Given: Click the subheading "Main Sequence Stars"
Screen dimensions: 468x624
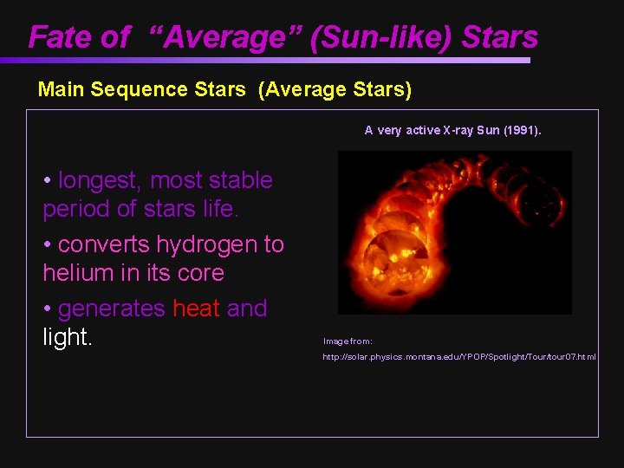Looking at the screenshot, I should (x=142, y=89).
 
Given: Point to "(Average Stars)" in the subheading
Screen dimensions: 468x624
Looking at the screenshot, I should (x=335, y=89).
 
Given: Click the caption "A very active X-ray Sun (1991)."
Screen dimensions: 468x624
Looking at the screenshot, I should (x=452, y=131).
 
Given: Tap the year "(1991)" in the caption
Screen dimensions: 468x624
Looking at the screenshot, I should (x=520, y=131).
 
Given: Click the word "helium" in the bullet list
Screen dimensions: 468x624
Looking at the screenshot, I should (x=80, y=273).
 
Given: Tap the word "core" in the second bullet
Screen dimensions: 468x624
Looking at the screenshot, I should (x=200, y=273).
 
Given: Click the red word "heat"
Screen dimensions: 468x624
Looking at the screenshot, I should (x=197, y=309).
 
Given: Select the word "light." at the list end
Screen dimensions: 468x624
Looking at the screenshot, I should (x=68, y=337).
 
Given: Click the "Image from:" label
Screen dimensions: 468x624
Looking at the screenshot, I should (x=348, y=341).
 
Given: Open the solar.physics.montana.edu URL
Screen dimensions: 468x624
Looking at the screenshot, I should (x=459, y=357).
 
